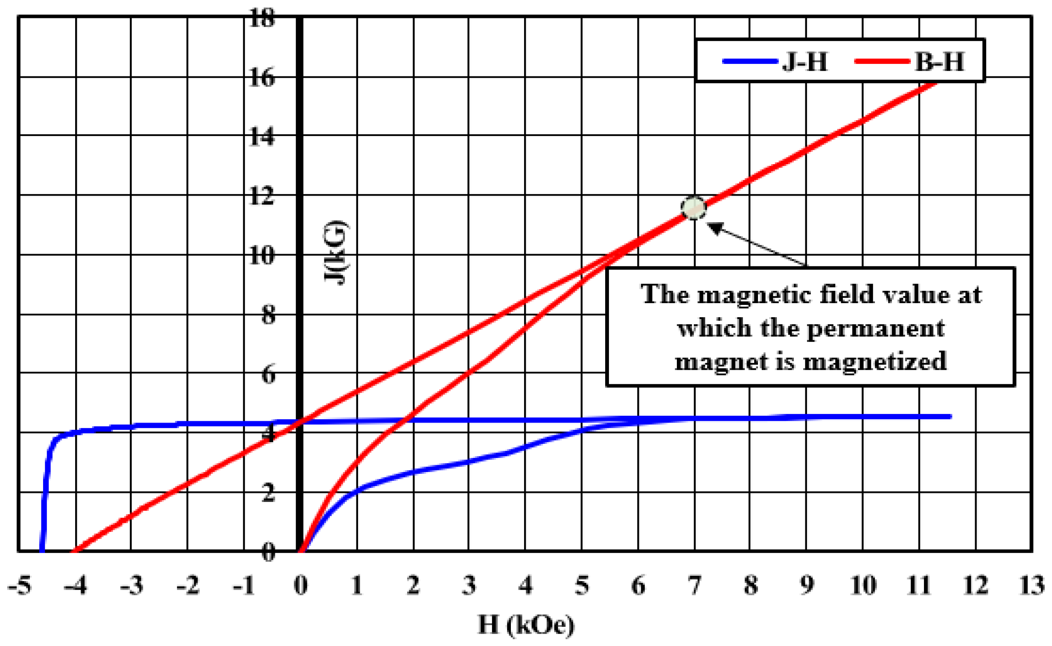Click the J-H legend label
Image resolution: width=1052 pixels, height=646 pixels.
805,61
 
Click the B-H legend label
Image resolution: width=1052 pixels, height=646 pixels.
939,61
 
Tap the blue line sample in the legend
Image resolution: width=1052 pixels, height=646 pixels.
749,61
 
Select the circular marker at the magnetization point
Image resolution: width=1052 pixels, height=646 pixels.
693,209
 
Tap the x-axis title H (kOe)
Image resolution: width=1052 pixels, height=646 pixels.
525,626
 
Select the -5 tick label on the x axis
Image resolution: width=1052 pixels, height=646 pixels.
20,585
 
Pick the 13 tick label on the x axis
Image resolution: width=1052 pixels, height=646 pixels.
1032,585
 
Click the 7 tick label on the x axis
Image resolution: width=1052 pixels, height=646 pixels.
694,585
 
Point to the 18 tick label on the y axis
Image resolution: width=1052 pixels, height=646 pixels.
262,19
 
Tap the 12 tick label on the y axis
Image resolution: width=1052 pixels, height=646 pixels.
262,197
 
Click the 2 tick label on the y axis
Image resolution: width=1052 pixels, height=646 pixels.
268,493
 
